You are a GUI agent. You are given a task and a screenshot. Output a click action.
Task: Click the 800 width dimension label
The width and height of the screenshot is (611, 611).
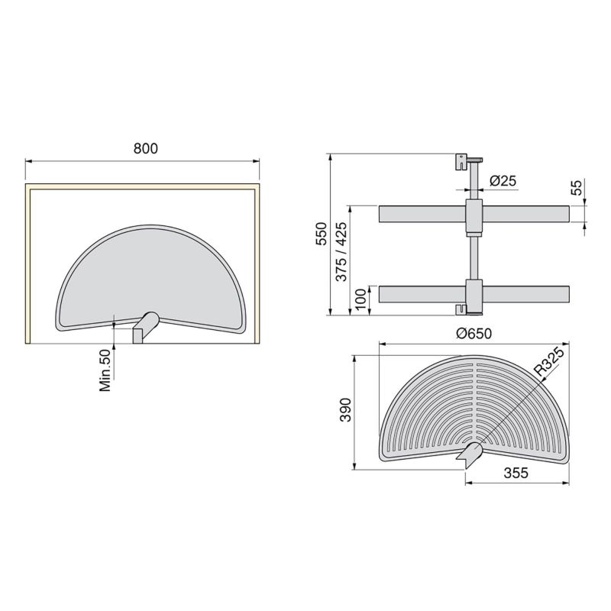(x=144, y=150)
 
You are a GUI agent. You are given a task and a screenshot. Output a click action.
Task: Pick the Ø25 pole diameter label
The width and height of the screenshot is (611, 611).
(x=502, y=181)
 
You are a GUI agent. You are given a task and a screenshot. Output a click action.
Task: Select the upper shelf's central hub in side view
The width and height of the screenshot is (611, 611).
(x=474, y=215)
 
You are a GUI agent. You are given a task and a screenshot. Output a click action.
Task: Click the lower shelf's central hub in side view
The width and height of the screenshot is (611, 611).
(x=474, y=293)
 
